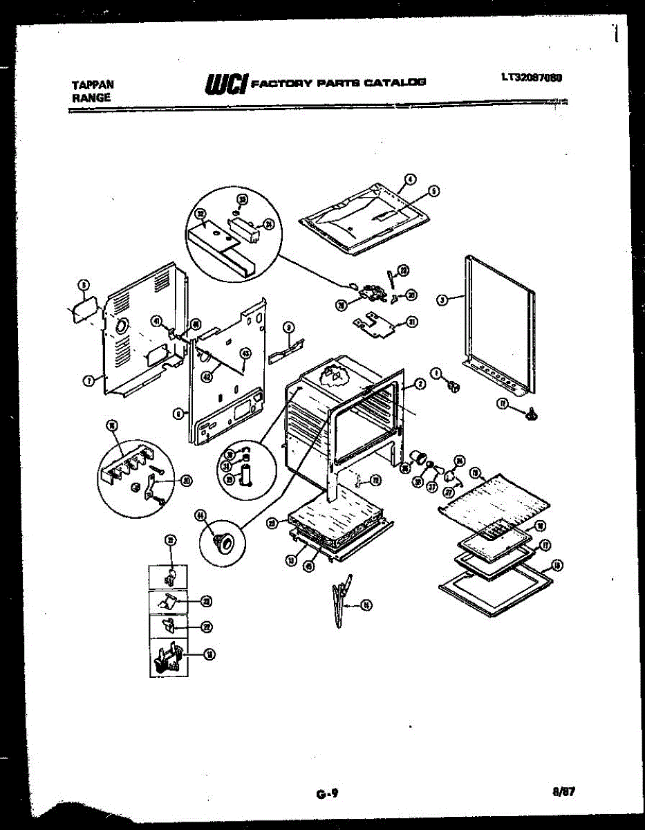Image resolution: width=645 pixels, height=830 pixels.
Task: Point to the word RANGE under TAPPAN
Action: click(x=91, y=98)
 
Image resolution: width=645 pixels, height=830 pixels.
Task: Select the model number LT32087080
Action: click(x=530, y=77)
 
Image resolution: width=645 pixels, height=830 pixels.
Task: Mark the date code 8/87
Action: click(x=564, y=793)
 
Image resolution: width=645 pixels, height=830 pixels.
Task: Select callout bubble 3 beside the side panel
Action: click(x=440, y=299)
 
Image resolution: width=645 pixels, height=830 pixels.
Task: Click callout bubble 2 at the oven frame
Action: click(x=419, y=383)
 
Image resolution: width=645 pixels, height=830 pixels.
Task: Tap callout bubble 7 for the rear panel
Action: click(x=89, y=379)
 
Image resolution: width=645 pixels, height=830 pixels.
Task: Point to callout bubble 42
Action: click(x=205, y=377)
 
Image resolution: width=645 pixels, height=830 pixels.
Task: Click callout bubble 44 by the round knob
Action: click(x=201, y=514)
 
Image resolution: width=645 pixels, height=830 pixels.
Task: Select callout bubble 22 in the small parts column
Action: click(x=207, y=627)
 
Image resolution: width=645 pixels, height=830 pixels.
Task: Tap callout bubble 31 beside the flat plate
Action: click(x=412, y=322)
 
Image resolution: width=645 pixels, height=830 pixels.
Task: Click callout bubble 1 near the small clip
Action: click(x=436, y=373)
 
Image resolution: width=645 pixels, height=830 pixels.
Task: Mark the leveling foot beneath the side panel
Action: click(x=531, y=414)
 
